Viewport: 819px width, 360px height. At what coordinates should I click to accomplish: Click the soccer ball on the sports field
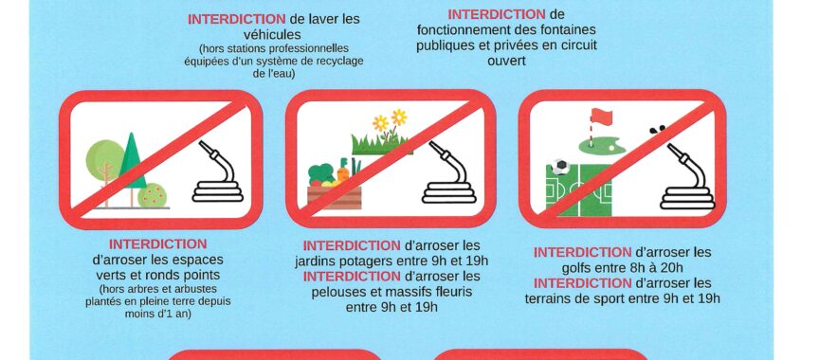coord(560,167)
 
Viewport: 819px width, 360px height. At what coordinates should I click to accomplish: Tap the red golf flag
coord(601,117)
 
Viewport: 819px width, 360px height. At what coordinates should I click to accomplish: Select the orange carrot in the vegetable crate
coord(342,173)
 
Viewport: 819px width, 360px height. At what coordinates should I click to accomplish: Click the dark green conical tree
coord(132,161)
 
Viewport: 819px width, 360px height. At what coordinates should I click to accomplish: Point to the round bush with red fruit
coord(152,196)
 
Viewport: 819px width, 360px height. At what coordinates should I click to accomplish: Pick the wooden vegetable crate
coord(335,197)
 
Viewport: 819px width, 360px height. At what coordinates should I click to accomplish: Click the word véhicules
coord(272,35)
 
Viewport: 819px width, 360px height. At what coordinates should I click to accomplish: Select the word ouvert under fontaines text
coord(506,61)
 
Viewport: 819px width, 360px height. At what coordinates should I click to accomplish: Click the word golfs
coord(579,268)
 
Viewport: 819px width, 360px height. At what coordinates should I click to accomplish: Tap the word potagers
coord(368,261)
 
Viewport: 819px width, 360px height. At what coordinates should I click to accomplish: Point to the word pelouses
coord(339,291)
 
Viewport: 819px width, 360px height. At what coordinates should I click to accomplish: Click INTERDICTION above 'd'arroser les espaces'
coord(157,243)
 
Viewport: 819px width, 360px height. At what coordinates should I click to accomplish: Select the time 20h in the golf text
coord(671,268)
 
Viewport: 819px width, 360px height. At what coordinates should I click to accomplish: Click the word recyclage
coord(338,61)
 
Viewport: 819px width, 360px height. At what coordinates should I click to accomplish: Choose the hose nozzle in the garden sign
coord(437,149)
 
